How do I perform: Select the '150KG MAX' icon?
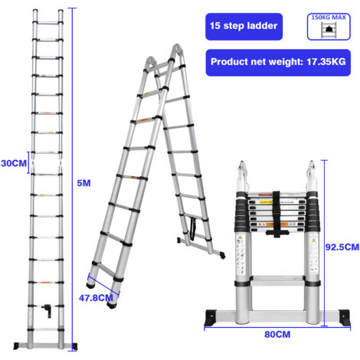point(329,26)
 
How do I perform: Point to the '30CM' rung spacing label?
point(12,163)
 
